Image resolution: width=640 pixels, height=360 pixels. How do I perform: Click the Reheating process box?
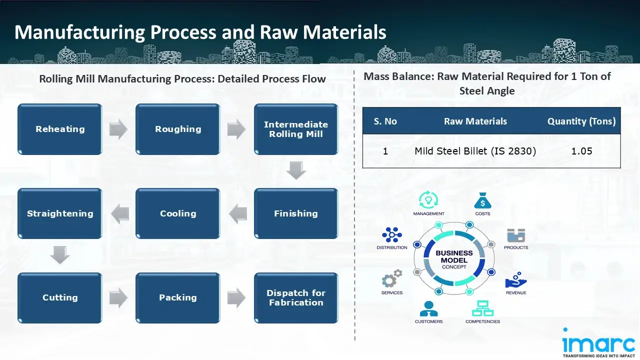[x=60, y=129]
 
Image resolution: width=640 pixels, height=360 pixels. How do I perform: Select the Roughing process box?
[x=178, y=129]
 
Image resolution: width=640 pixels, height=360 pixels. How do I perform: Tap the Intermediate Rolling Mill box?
[x=296, y=129]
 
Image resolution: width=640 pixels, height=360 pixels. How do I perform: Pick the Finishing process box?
[x=296, y=213]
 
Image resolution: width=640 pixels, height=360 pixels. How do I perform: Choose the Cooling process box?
[x=178, y=213]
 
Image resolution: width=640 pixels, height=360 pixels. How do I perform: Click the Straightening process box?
[x=60, y=213]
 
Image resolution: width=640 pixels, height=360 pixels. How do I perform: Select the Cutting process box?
[x=60, y=297]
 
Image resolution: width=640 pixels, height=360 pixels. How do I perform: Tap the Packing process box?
[x=178, y=297]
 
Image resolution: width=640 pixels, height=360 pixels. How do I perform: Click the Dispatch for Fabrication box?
[x=296, y=297]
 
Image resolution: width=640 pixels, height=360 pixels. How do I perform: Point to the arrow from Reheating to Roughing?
[x=118, y=129]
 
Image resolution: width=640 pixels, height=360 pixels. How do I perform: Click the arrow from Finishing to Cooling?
[x=237, y=214]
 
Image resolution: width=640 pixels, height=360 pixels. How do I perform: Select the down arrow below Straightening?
[x=60, y=255]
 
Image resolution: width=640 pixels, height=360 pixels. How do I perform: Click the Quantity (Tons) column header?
[x=581, y=121]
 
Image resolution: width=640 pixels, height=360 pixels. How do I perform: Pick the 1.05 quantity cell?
[x=581, y=151]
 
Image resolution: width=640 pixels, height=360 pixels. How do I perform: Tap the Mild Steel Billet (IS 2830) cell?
[x=475, y=151]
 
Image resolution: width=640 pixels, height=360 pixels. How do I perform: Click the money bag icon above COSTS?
[x=482, y=201]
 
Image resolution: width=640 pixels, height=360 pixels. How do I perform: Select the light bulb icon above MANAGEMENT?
[x=428, y=200]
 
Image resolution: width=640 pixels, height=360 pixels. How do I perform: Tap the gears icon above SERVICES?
[x=392, y=278]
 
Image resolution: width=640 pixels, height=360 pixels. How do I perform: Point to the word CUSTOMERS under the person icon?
[x=428, y=321]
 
